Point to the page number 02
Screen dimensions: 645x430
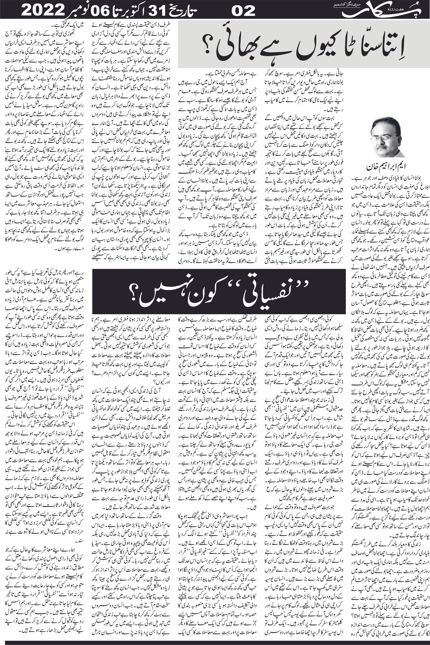(243, 11)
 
